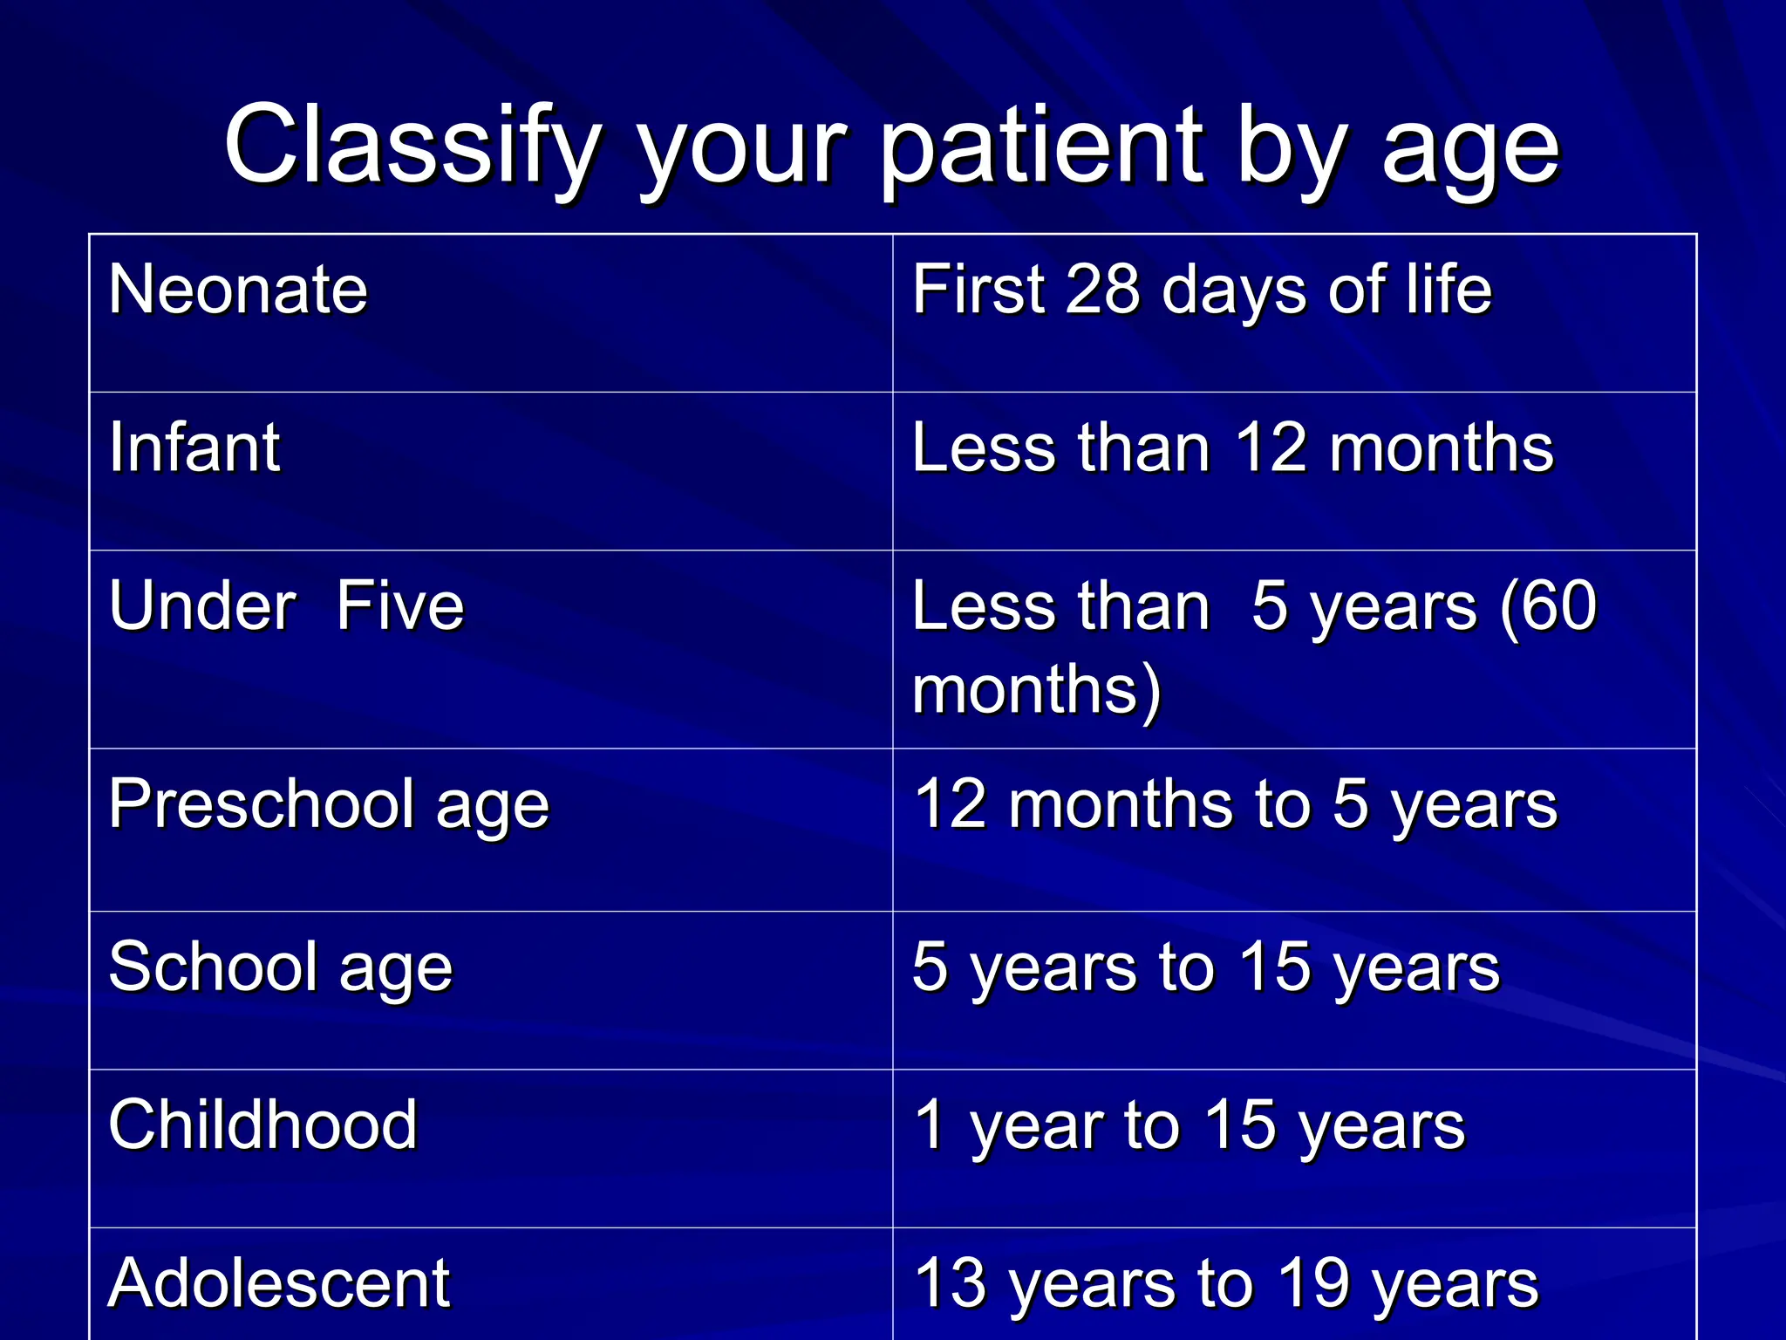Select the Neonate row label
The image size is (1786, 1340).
[x=238, y=290]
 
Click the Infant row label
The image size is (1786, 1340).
[x=194, y=448]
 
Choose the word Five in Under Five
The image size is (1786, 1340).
[x=400, y=605]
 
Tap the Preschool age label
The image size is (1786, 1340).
[x=329, y=804]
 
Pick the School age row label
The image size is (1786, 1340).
[x=281, y=967]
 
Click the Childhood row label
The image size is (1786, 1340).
[x=262, y=1125]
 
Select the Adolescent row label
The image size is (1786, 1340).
[x=279, y=1283]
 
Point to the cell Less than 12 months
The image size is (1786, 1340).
[x=1232, y=448]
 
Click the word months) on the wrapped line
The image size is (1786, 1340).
[x=1036, y=689]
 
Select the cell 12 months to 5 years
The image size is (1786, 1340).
[x=1235, y=804]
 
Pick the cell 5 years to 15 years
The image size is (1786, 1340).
[x=1205, y=967]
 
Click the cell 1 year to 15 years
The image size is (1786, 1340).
[x=1189, y=1125]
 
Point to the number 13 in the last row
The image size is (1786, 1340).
[x=951, y=1283]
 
